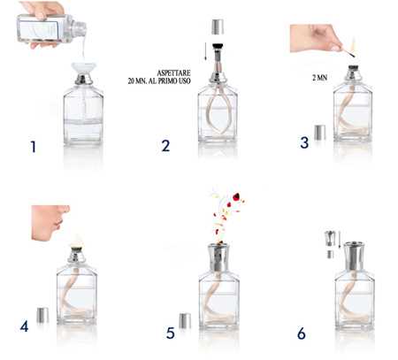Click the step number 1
(33, 145)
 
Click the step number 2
(165, 145)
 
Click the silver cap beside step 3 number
(319, 133)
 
